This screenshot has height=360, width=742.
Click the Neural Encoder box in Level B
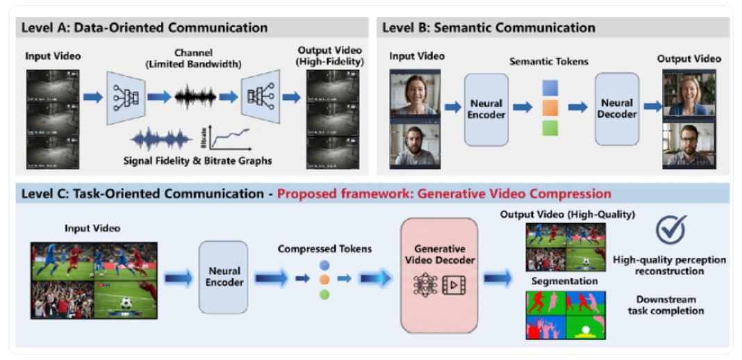486,109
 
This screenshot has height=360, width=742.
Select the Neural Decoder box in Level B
617,108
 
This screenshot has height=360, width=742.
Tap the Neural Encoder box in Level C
224,277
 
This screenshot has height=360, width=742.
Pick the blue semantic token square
550,88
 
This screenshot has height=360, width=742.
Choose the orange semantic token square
550,108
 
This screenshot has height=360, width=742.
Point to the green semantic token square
550,128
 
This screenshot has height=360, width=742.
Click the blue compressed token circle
324,265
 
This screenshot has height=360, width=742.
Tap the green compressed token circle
324,294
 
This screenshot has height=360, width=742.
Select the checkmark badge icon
670,229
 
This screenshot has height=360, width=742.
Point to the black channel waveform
195,97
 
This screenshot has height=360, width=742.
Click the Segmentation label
564,281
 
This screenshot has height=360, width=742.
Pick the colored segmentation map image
565,314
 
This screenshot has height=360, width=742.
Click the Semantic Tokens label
549,61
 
